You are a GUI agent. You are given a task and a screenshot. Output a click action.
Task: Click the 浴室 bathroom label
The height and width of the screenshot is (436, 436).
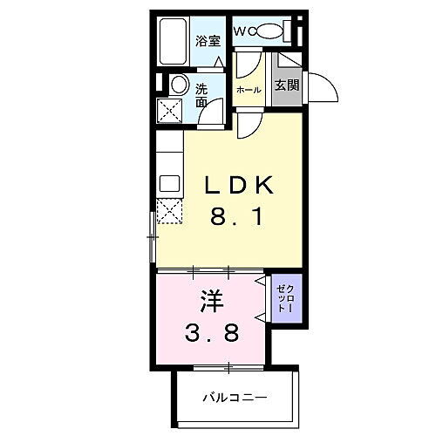(x=207, y=40)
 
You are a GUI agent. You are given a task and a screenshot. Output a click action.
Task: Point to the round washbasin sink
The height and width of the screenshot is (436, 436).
(x=177, y=85)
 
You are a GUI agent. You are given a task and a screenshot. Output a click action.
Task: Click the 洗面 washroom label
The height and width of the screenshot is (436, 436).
(x=201, y=94)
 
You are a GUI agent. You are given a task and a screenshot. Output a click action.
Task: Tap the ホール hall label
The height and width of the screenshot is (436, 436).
(x=249, y=90)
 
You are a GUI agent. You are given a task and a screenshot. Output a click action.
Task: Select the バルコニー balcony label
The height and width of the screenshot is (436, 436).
(x=235, y=397)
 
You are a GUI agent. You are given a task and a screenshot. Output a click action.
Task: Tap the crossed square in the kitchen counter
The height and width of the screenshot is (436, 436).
(x=167, y=212)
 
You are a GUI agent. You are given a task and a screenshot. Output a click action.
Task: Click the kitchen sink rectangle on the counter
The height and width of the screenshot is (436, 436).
(x=167, y=184)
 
